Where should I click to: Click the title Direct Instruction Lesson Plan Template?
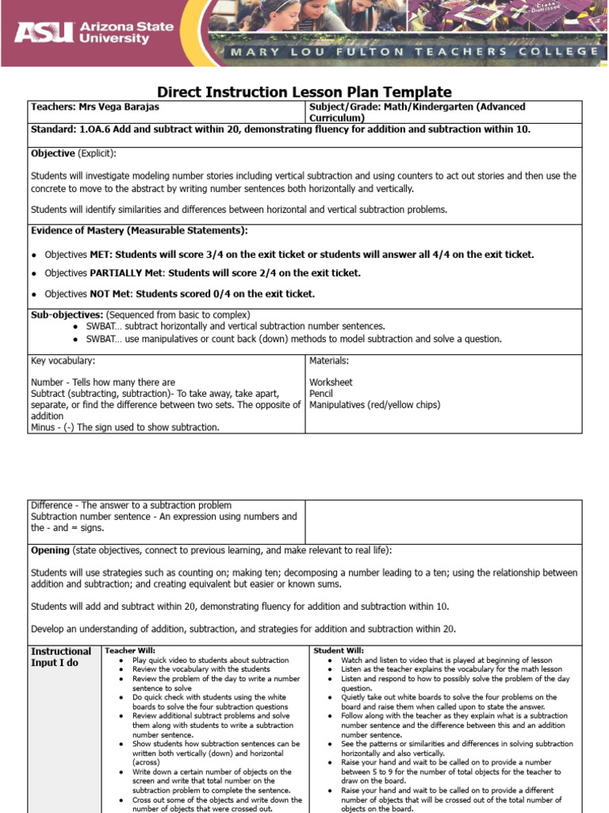304,92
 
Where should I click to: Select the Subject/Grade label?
343,106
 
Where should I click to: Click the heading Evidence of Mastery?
139,230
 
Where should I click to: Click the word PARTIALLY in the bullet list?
122,273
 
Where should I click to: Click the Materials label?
329,361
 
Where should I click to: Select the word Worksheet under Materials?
331,382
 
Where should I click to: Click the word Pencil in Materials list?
321,393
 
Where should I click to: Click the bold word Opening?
50,550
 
